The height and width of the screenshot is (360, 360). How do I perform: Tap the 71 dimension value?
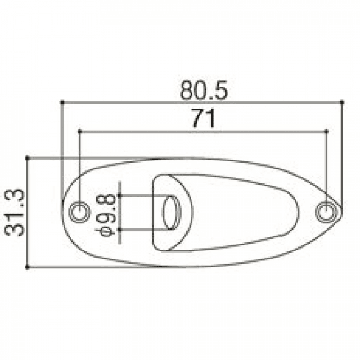click(203, 119)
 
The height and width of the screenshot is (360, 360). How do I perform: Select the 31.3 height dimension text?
click(15, 212)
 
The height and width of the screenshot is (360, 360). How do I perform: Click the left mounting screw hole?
click(79, 211)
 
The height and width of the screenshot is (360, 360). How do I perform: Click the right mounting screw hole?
click(325, 211)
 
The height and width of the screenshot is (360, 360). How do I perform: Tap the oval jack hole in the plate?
click(169, 212)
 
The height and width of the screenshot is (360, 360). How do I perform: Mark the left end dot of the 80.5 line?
click(61, 102)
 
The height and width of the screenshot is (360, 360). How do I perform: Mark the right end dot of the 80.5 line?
click(343, 102)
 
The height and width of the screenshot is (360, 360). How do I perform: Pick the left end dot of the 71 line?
click(80, 131)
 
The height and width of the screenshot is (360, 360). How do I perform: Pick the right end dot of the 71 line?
click(327, 131)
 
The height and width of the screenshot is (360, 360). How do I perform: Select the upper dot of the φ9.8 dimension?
click(119, 195)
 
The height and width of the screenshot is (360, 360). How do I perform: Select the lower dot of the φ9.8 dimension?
click(119, 229)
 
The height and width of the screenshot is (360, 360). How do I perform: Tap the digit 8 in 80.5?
click(187, 91)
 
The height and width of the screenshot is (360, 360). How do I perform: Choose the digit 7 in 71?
click(197, 119)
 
